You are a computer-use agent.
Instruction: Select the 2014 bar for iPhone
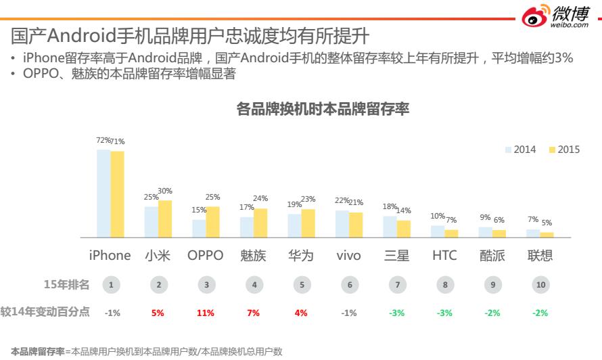coord(103,193)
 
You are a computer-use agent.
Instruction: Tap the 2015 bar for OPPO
coord(213,222)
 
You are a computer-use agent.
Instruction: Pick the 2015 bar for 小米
coord(165,219)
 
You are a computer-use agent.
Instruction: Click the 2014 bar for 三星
coord(390,227)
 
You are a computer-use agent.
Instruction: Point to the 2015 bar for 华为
coord(308,223)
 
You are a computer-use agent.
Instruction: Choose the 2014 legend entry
coord(521,150)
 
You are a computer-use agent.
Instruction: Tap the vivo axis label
coord(348,256)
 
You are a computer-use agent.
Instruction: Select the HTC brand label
coord(444,256)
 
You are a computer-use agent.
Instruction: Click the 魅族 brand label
coord(254,256)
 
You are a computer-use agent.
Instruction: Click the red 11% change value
coord(206,313)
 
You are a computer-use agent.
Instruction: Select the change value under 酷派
coord(492,313)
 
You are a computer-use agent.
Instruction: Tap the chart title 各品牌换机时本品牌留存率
coord(323,109)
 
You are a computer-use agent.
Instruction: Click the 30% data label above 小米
coord(165,192)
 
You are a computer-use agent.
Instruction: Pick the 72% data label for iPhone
coord(103,140)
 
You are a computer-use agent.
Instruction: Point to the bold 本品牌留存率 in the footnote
coord(38,352)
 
